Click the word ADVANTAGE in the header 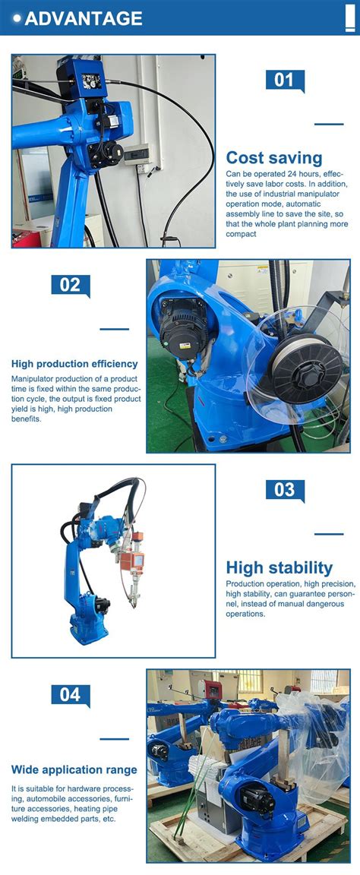(84, 18)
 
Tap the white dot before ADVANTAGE (17, 18)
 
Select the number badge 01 (284, 80)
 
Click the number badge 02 (70, 285)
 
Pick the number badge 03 (284, 490)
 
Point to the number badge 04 (70, 695)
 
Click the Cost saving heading (274, 158)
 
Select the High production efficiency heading (74, 364)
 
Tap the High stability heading (279, 567)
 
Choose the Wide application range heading (74, 769)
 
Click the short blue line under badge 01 (329, 124)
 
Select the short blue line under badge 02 (115, 329)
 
